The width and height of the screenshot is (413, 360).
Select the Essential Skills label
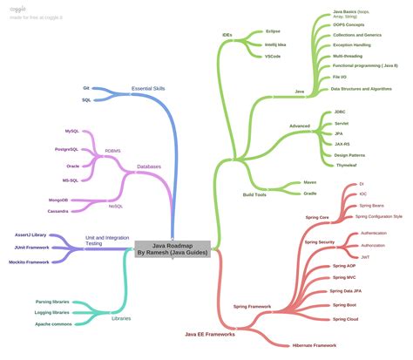149,89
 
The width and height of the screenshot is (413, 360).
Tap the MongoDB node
58,200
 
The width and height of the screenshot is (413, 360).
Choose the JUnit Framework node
31,248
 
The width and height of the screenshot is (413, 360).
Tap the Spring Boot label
346,305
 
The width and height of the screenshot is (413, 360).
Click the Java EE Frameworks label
211,334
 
